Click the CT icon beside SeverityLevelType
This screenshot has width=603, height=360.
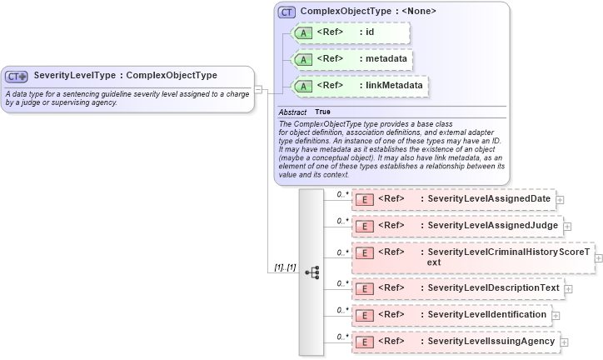17,76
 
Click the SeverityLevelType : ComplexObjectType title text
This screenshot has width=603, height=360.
125,76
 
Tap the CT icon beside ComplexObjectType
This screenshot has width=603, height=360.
287,12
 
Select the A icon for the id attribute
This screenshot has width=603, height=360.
305,32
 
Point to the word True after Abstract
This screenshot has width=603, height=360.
322,112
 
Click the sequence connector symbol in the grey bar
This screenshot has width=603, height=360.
312,272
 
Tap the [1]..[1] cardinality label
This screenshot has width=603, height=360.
285,267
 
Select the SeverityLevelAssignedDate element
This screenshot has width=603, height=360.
454,199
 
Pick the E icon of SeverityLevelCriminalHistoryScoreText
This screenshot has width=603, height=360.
364,252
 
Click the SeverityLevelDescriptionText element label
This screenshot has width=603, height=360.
493,288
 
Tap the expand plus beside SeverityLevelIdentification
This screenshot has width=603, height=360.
556,316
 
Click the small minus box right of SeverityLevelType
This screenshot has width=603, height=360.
258,88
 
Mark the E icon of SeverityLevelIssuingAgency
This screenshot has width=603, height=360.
364,342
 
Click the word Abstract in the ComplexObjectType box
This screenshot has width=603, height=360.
292,112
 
